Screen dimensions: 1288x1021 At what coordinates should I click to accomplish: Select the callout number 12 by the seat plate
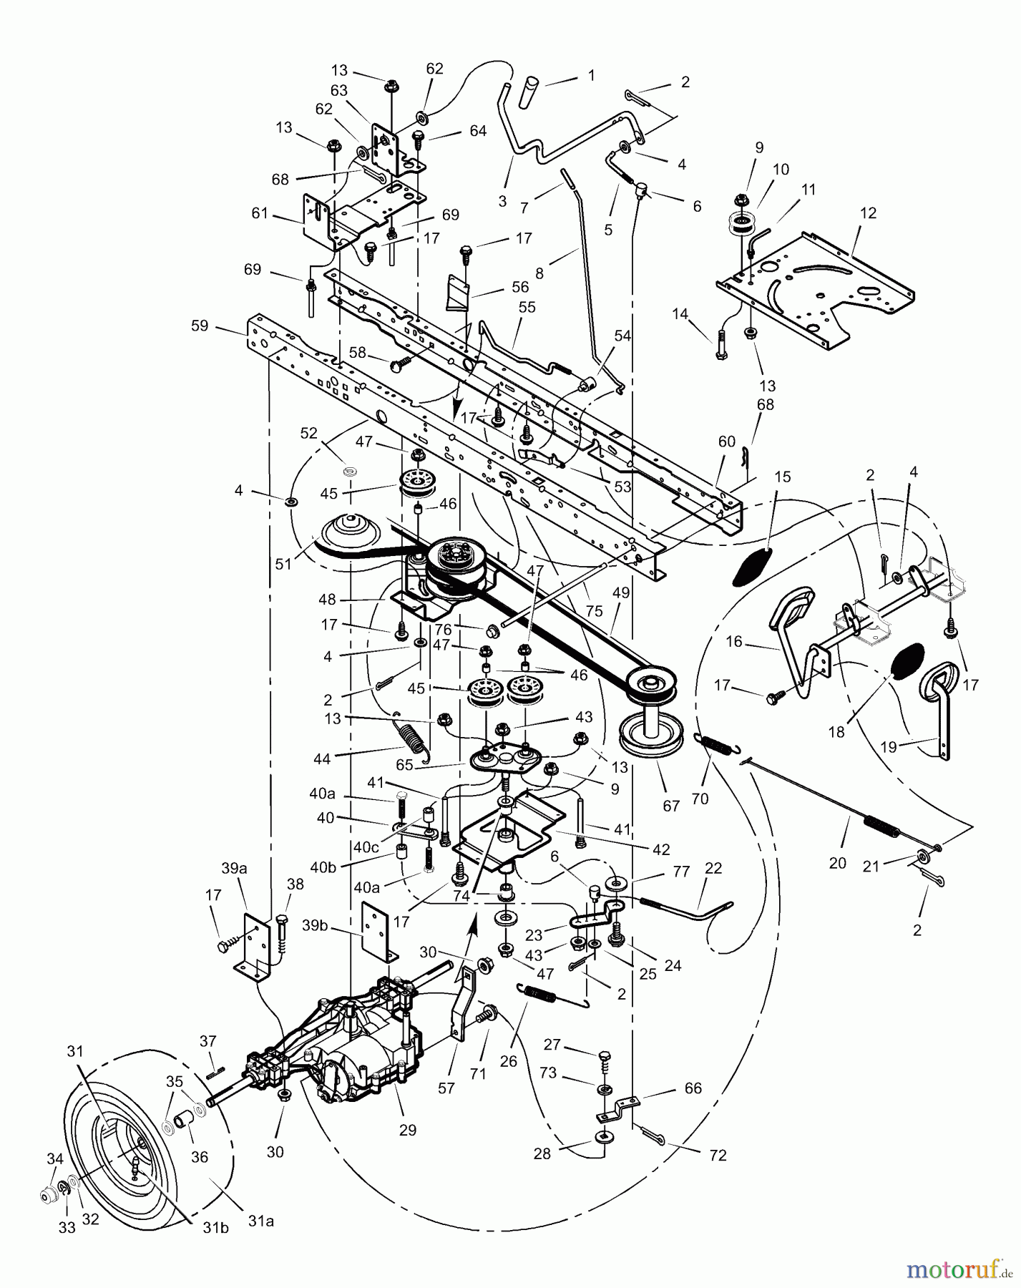pos(869,213)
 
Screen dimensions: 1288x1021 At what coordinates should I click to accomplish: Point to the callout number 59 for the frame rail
pos(200,326)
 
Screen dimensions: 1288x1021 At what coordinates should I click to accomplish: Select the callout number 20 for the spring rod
pos(838,863)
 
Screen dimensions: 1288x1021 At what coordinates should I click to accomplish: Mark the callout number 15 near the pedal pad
pos(783,477)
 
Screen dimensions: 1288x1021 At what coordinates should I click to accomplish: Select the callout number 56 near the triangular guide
pos(519,286)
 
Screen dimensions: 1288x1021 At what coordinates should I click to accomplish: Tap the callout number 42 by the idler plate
pos(660,849)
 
